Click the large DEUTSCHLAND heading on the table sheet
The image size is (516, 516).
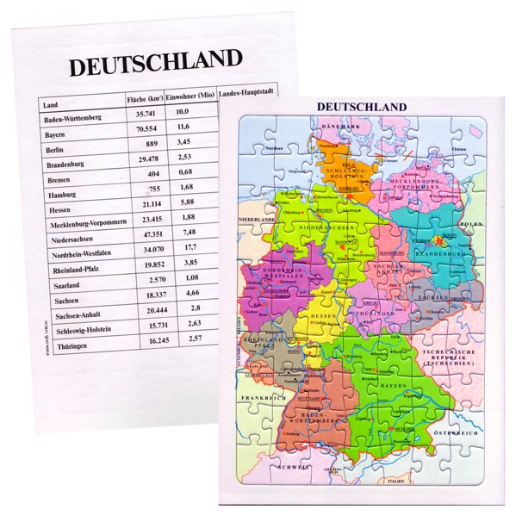click(x=155, y=63)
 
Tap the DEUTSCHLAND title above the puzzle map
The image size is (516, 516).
click(x=362, y=106)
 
